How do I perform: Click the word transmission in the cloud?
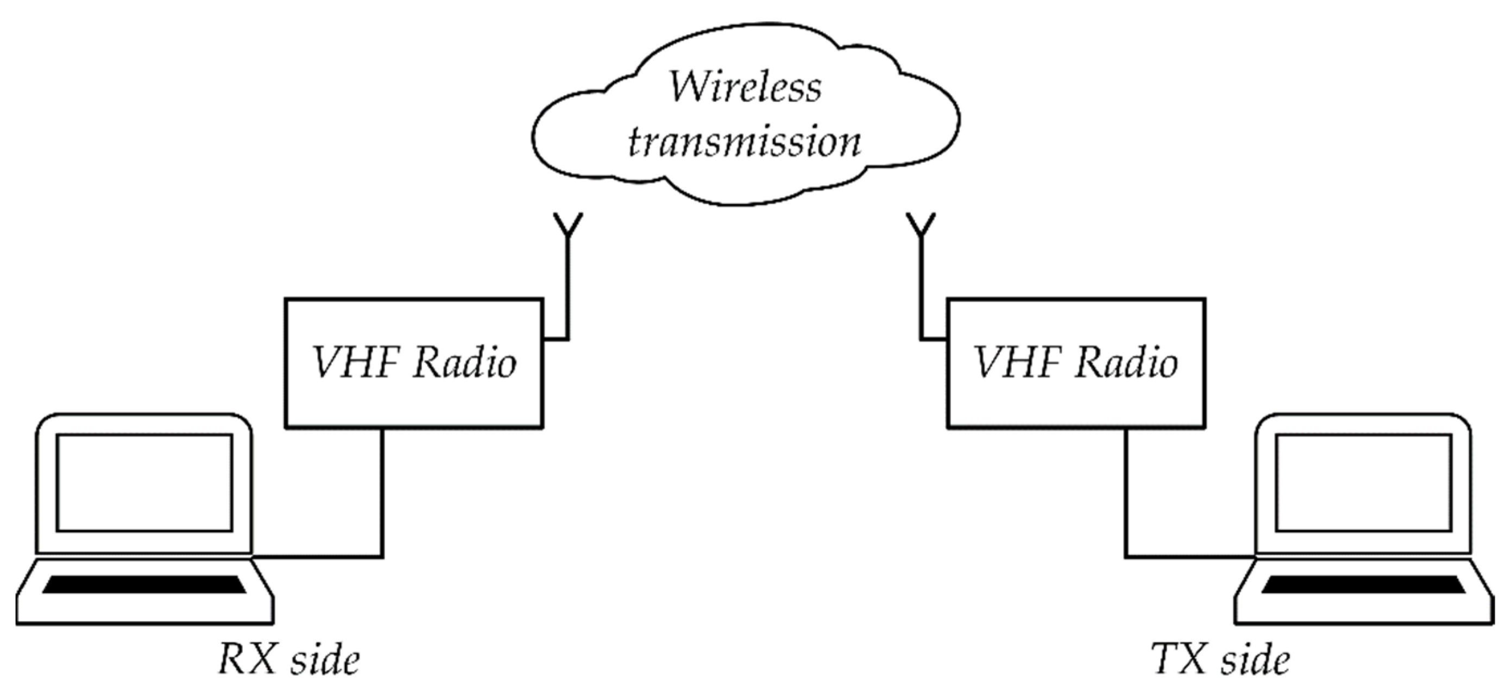[744, 142]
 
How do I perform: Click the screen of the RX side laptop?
[144, 482]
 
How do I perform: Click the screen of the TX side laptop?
[1363, 482]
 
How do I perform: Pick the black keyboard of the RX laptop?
[144, 584]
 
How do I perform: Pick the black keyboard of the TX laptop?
[1363, 584]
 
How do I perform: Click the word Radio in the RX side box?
[464, 363]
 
